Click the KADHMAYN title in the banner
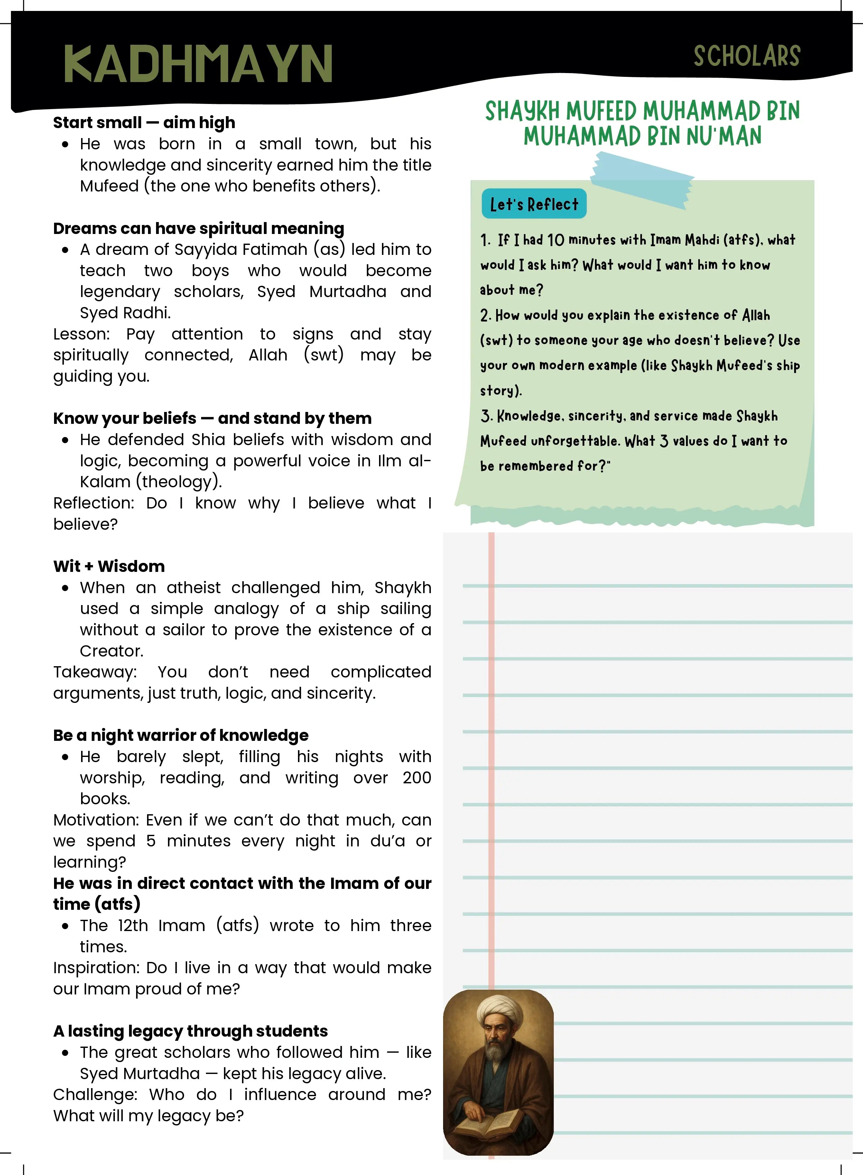pos(198,64)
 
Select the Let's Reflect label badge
pos(534,204)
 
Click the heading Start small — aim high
pos(144,123)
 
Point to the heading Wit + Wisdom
pos(109,566)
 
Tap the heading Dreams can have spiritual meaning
pos(199,228)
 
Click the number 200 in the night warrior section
pos(416,778)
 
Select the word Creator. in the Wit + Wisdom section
pos(111,651)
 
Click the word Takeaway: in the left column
pos(95,672)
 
